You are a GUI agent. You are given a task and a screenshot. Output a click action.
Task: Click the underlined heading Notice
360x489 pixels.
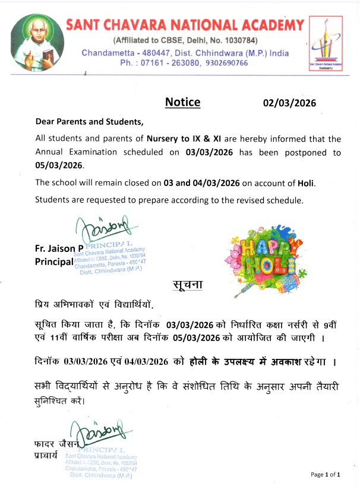(182, 102)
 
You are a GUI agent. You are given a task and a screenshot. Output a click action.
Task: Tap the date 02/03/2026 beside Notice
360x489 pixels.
(289, 103)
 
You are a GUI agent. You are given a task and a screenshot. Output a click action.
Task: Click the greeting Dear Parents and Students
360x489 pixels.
(90, 122)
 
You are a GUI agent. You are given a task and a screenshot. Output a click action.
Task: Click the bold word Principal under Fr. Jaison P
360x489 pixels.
(53, 262)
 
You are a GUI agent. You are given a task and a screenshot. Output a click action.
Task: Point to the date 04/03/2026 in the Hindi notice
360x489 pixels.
(141, 362)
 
